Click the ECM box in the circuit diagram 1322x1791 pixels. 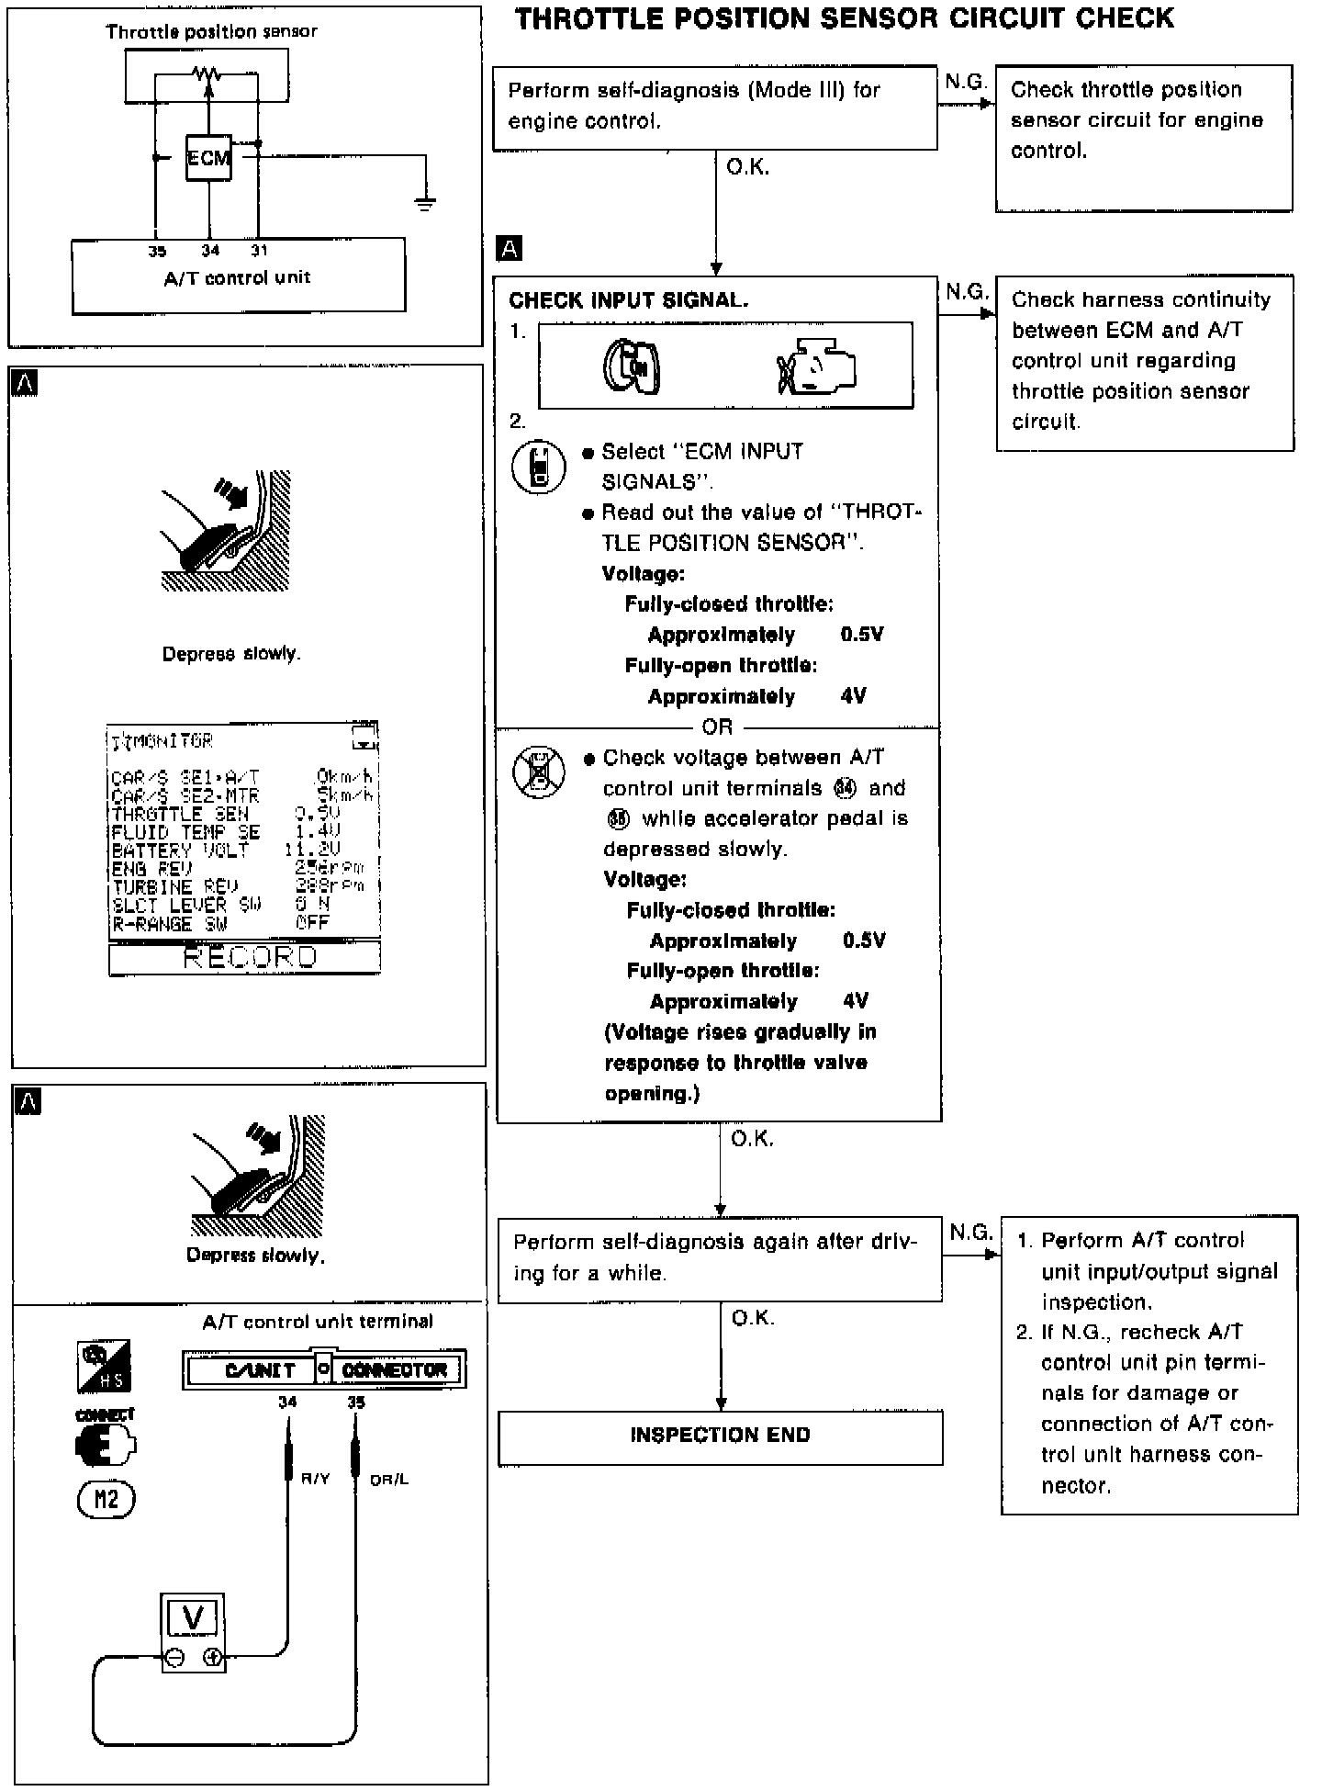[x=208, y=158]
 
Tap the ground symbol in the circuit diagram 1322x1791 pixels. [x=424, y=203]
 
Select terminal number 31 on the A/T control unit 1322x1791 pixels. [x=259, y=250]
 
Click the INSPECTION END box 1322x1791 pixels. [x=720, y=1436]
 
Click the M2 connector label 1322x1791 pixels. [x=106, y=1500]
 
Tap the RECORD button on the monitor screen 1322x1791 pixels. [x=245, y=958]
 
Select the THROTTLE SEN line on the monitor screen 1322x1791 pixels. [x=225, y=814]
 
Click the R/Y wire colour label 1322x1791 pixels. [x=315, y=1479]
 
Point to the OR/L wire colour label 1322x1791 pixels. [x=389, y=1479]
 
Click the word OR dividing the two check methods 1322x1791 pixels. [x=717, y=727]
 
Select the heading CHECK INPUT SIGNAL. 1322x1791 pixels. [x=629, y=300]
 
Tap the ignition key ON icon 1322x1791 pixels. [x=633, y=366]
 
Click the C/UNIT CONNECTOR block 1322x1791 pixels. [x=324, y=1370]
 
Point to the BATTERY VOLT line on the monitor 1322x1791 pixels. [x=225, y=850]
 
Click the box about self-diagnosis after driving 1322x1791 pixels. [x=720, y=1258]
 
